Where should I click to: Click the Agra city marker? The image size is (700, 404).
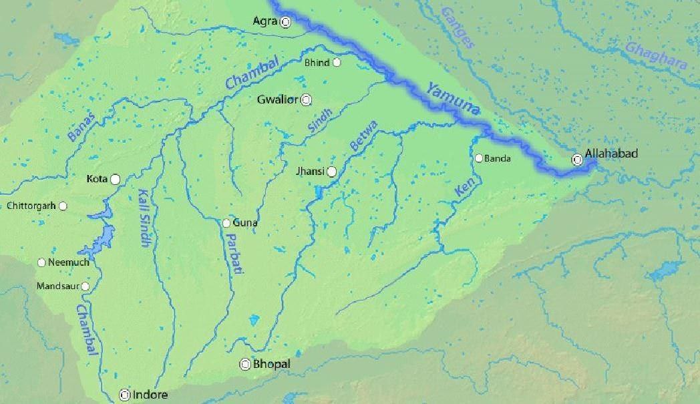point(286,22)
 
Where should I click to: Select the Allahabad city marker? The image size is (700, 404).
point(577,160)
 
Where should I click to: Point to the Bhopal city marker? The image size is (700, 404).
point(246,364)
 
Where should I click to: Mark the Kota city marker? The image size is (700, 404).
point(116,179)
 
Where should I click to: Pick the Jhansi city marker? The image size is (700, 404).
point(331,172)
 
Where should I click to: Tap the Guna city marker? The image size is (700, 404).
point(227,223)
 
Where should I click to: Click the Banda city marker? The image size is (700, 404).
point(478,158)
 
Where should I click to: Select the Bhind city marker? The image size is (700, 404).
point(337,63)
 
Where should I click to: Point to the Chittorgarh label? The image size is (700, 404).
point(31,206)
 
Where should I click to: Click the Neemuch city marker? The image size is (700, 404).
point(42,262)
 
